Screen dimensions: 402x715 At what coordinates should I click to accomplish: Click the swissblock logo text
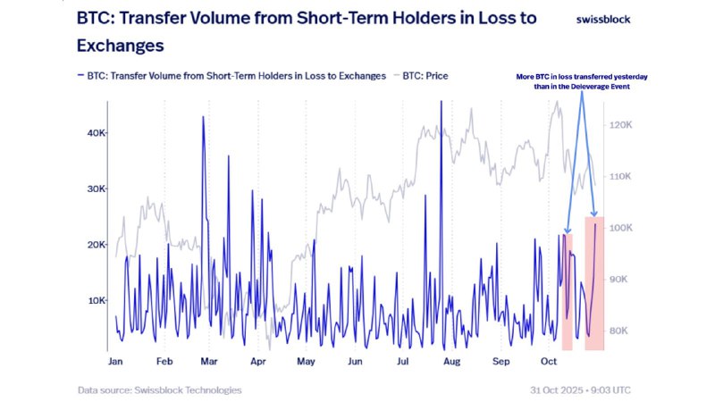(x=608, y=19)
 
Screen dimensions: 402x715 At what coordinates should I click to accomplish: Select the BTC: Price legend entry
(x=421, y=76)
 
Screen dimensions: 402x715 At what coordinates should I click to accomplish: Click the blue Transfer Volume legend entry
(x=232, y=76)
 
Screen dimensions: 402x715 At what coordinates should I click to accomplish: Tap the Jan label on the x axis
(x=115, y=363)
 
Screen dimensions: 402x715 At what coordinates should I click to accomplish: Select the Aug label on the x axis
(x=451, y=363)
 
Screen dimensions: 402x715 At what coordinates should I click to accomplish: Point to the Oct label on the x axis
(x=549, y=363)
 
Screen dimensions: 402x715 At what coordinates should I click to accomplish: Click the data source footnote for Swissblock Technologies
(x=159, y=389)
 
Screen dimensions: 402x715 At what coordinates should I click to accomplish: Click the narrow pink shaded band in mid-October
(x=567, y=290)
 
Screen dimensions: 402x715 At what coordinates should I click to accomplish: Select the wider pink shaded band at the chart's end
(x=595, y=281)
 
